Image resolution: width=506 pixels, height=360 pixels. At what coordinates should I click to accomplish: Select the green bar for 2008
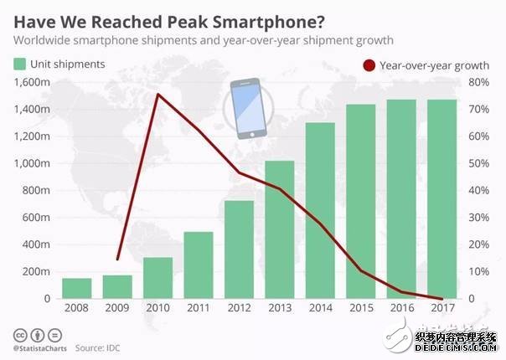coord(77,289)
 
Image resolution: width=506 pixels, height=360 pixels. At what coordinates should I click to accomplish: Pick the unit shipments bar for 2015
coord(361,202)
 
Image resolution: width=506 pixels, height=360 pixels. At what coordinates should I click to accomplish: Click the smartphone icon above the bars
coord(249,108)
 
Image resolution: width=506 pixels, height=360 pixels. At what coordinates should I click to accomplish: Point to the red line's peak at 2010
coord(157,95)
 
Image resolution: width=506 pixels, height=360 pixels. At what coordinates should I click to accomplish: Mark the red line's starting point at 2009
coord(117,260)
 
